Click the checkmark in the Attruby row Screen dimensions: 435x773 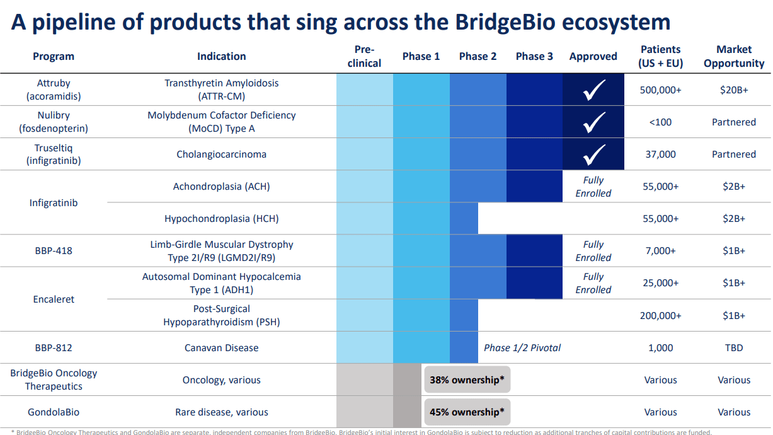click(593, 90)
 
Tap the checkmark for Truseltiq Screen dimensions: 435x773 click(593, 154)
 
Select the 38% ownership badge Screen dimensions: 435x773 click(467, 380)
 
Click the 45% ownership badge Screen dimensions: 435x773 click(467, 412)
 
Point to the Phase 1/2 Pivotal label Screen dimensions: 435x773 click(522, 348)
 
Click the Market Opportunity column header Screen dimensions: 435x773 click(734, 56)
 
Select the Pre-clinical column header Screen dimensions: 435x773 click(364, 56)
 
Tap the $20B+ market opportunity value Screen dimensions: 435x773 click(734, 90)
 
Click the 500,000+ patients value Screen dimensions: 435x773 click(660, 90)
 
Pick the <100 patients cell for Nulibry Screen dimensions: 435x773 click(660, 122)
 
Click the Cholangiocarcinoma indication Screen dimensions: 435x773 click(221, 154)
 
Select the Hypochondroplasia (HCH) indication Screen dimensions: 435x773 click(221, 219)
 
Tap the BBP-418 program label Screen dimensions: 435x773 click(54, 251)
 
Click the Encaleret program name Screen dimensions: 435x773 click(54, 299)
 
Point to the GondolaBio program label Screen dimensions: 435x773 click(54, 412)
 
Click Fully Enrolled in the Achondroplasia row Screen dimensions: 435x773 click(593, 187)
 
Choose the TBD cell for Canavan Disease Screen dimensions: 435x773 click(734, 348)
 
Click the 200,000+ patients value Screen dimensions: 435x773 click(660, 316)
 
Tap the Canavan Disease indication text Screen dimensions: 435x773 click(221, 348)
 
